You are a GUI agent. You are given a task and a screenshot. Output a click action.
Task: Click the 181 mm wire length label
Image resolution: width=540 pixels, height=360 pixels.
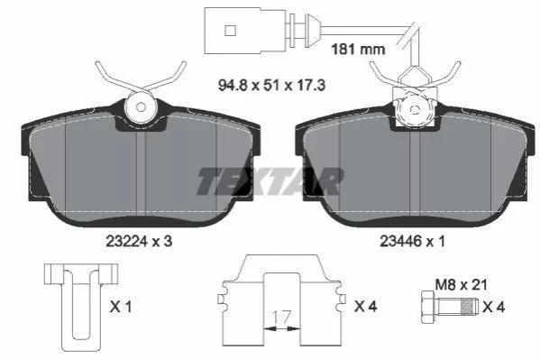358,50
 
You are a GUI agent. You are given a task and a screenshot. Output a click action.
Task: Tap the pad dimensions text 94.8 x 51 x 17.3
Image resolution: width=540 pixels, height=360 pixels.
271,85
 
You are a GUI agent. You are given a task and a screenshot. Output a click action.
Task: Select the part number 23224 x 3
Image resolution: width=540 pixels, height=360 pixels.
139,242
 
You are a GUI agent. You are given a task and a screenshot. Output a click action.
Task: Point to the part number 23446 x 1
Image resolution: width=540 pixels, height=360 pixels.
412,242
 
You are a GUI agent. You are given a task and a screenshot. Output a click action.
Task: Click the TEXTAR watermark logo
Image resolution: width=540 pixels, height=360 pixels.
270,181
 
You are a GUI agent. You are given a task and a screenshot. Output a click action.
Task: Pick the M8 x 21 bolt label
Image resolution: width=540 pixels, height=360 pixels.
462,285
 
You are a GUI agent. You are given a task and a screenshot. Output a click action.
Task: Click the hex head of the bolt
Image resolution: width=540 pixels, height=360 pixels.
428,308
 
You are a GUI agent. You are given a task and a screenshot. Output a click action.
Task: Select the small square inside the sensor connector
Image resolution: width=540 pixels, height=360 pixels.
231,30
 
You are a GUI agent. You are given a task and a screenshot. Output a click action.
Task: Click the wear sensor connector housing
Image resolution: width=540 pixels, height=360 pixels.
245,31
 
